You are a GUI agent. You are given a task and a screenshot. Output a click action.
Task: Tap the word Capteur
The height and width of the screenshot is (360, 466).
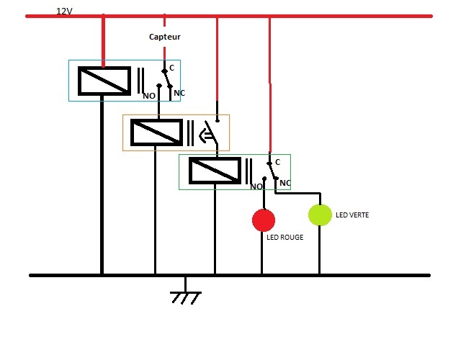(x=164, y=37)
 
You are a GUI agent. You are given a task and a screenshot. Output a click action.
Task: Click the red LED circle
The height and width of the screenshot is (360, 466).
(x=264, y=220)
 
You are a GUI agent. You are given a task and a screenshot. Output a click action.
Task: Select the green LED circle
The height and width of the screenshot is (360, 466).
(x=320, y=215)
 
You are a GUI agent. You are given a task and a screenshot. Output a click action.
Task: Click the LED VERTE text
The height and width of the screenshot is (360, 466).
(x=352, y=214)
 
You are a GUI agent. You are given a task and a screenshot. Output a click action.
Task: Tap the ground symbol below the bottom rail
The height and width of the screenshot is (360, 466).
(x=185, y=295)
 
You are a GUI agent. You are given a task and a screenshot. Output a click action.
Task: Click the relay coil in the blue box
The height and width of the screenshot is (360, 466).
(x=104, y=80)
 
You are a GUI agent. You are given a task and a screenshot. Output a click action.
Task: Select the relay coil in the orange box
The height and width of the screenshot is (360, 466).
(x=156, y=132)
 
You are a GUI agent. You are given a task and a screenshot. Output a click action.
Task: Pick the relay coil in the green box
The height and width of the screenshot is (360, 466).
(x=215, y=170)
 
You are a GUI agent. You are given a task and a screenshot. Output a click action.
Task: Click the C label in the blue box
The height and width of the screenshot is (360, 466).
(x=172, y=66)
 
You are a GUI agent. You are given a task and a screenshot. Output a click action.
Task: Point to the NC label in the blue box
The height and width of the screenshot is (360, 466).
(x=179, y=93)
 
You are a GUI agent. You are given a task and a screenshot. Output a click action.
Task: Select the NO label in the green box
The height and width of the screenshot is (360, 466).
(x=256, y=186)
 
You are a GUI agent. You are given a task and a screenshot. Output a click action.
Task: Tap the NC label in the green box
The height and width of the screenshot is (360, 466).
(x=285, y=183)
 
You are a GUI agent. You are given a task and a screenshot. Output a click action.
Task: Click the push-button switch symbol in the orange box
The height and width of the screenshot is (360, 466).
(x=206, y=132)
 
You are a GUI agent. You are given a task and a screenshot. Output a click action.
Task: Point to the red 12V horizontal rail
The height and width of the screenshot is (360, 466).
(x=324, y=15)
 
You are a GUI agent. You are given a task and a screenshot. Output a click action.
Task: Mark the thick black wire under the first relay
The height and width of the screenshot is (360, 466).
(x=102, y=187)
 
